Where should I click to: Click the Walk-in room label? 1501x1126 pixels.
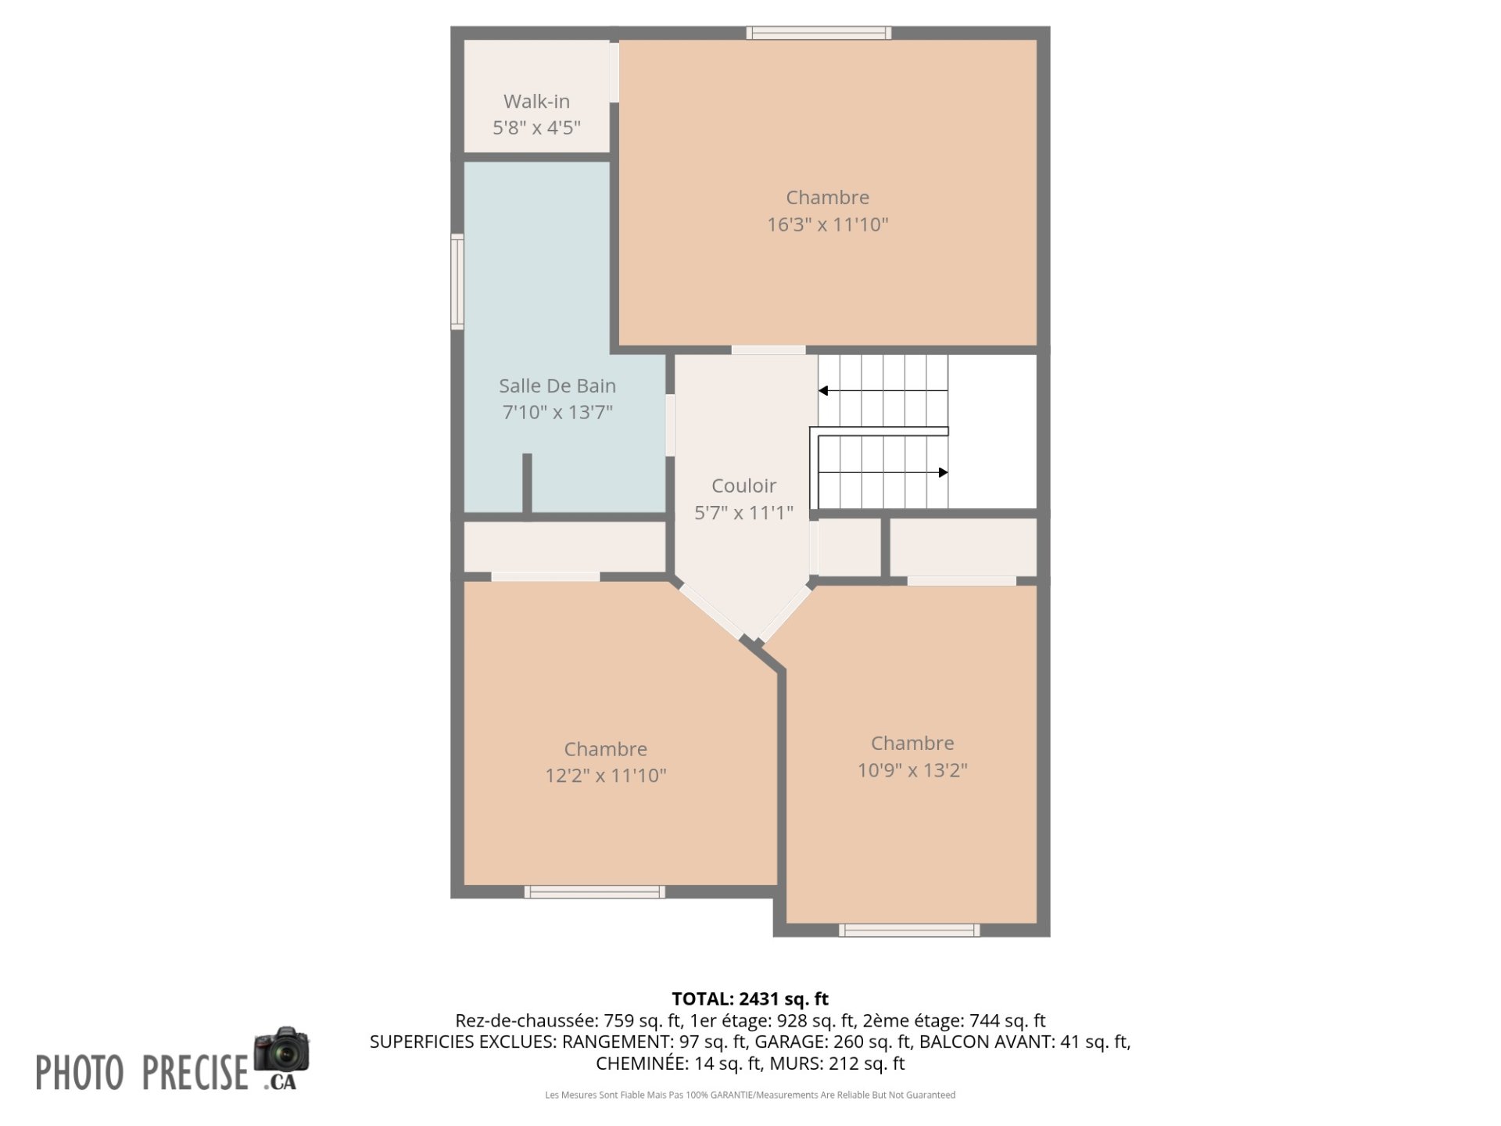(x=536, y=102)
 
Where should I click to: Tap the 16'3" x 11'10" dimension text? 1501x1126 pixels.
(x=827, y=225)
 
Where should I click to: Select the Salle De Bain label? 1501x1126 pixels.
(x=557, y=385)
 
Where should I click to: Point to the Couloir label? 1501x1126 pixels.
(x=743, y=486)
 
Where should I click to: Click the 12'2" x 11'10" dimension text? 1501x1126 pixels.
(x=606, y=776)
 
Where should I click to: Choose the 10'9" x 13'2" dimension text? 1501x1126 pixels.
(x=912, y=770)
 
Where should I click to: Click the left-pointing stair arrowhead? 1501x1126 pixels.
(x=823, y=390)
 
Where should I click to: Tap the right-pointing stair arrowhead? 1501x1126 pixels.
(x=943, y=472)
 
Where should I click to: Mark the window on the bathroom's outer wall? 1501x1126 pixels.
(x=457, y=281)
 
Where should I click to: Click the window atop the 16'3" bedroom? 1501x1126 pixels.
(x=819, y=33)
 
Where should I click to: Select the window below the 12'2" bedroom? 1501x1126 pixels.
(x=595, y=891)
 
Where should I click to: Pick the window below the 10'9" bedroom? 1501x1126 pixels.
(x=909, y=930)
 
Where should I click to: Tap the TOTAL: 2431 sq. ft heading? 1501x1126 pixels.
(x=750, y=999)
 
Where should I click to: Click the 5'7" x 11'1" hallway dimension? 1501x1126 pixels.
(x=743, y=513)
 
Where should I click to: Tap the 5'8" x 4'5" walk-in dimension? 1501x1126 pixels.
(x=536, y=128)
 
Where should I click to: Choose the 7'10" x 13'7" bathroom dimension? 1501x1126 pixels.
(x=557, y=412)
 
